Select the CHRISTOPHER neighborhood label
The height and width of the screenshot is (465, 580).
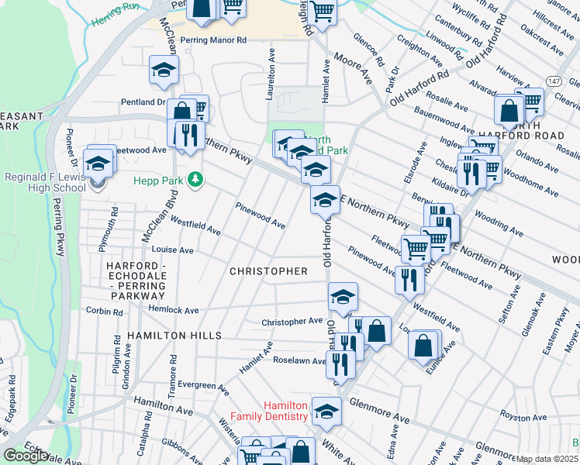tap(269, 271)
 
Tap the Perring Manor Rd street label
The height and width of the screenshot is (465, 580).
tap(212, 40)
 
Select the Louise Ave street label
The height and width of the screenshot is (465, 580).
tap(172, 250)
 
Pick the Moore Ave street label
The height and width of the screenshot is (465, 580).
tap(353, 68)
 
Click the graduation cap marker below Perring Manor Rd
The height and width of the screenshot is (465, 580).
tap(164, 71)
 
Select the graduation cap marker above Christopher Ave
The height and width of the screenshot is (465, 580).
tap(343, 295)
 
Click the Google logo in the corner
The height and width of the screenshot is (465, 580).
tap(26, 456)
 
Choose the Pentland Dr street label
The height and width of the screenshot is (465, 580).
tap(143, 102)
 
